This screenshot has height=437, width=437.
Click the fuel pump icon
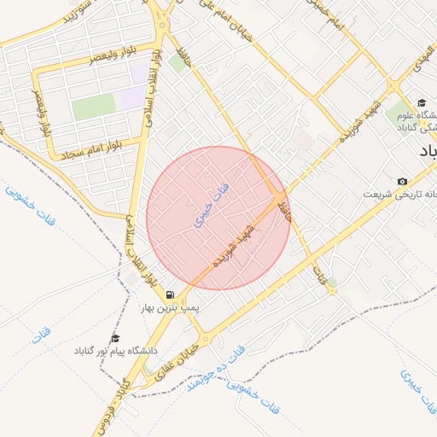point(170,294)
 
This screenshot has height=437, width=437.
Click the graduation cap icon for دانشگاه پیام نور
point(115,338)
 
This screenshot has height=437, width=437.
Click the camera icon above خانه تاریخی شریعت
point(402,181)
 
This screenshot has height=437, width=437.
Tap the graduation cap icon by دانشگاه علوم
point(421,103)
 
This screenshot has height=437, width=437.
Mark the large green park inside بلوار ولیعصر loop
point(93,107)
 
